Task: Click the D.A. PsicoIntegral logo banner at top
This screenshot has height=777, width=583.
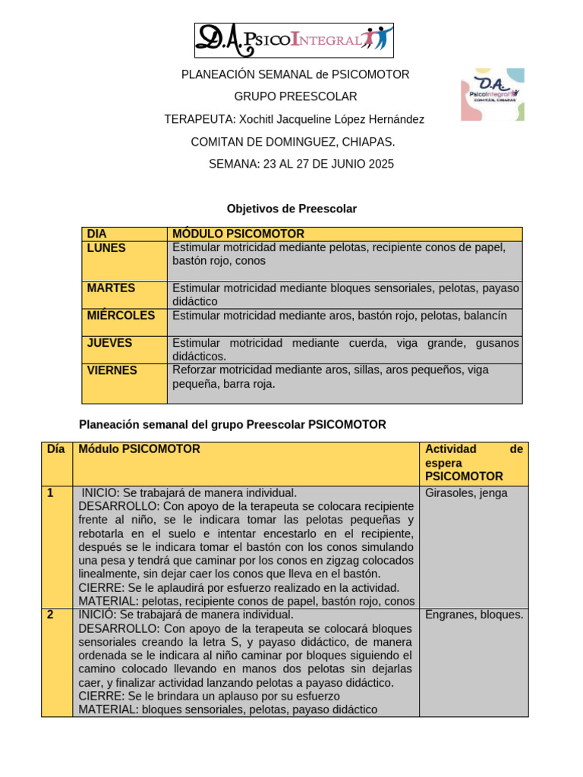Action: [x=294, y=40]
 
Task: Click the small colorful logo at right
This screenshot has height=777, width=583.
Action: [x=492, y=94]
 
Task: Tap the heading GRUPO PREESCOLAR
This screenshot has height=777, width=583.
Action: [x=295, y=96]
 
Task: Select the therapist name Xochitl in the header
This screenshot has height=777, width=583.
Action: [x=258, y=119]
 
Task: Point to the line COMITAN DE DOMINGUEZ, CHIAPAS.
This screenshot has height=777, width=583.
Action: [x=292, y=142]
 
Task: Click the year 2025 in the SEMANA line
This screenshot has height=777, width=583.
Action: [x=380, y=164]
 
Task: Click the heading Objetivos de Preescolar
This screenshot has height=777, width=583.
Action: [x=291, y=208]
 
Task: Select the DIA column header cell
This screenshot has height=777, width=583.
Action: [x=97, y=234]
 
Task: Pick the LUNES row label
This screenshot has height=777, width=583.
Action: [x=106, y=248]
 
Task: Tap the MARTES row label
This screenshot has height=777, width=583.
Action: [x=111, y=288]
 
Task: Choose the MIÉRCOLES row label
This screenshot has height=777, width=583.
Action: [x=121, y=315]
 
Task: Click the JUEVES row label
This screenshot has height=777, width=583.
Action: [x=109, y=343]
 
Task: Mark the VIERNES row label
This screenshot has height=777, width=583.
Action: [x=112, y=370]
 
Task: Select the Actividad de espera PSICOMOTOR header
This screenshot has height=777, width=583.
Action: [x=474, y=463]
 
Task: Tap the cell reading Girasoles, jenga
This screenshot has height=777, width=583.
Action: [x=466, y=493]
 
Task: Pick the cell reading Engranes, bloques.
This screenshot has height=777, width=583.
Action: [x=474, y=615]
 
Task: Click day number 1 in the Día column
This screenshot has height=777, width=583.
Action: [x=50, y=493]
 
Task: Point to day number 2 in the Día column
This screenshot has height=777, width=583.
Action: [x=50, y=615]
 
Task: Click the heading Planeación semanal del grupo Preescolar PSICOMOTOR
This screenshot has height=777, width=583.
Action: [x=233, y=425]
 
